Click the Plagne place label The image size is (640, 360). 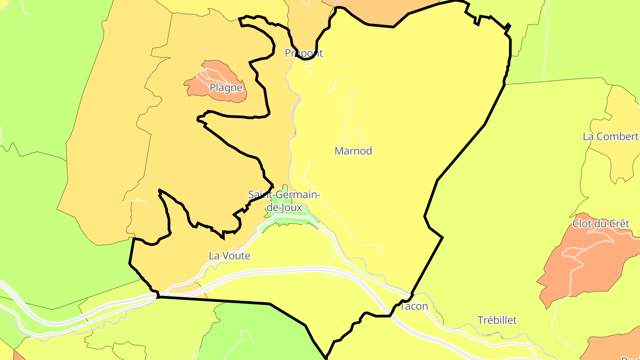click(x=226, y=88)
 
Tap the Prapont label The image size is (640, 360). click(x=304, y=53)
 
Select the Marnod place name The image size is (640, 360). click(x=353, y=151)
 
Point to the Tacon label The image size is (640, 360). click(x=414, y=306)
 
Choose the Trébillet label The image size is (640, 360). click(x=497, y=320)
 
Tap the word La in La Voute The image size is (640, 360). click(x=214, y=256)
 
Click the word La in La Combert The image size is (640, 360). click(x=588, y=136)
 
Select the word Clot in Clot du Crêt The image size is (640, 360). click(x=581, y=224)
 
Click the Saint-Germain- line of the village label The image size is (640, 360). click(x=284, y=195)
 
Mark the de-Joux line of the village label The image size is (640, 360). click(x=284, y=207)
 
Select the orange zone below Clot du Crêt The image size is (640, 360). click(x=578, y=271)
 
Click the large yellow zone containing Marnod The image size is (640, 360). click(x=400, y=111)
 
